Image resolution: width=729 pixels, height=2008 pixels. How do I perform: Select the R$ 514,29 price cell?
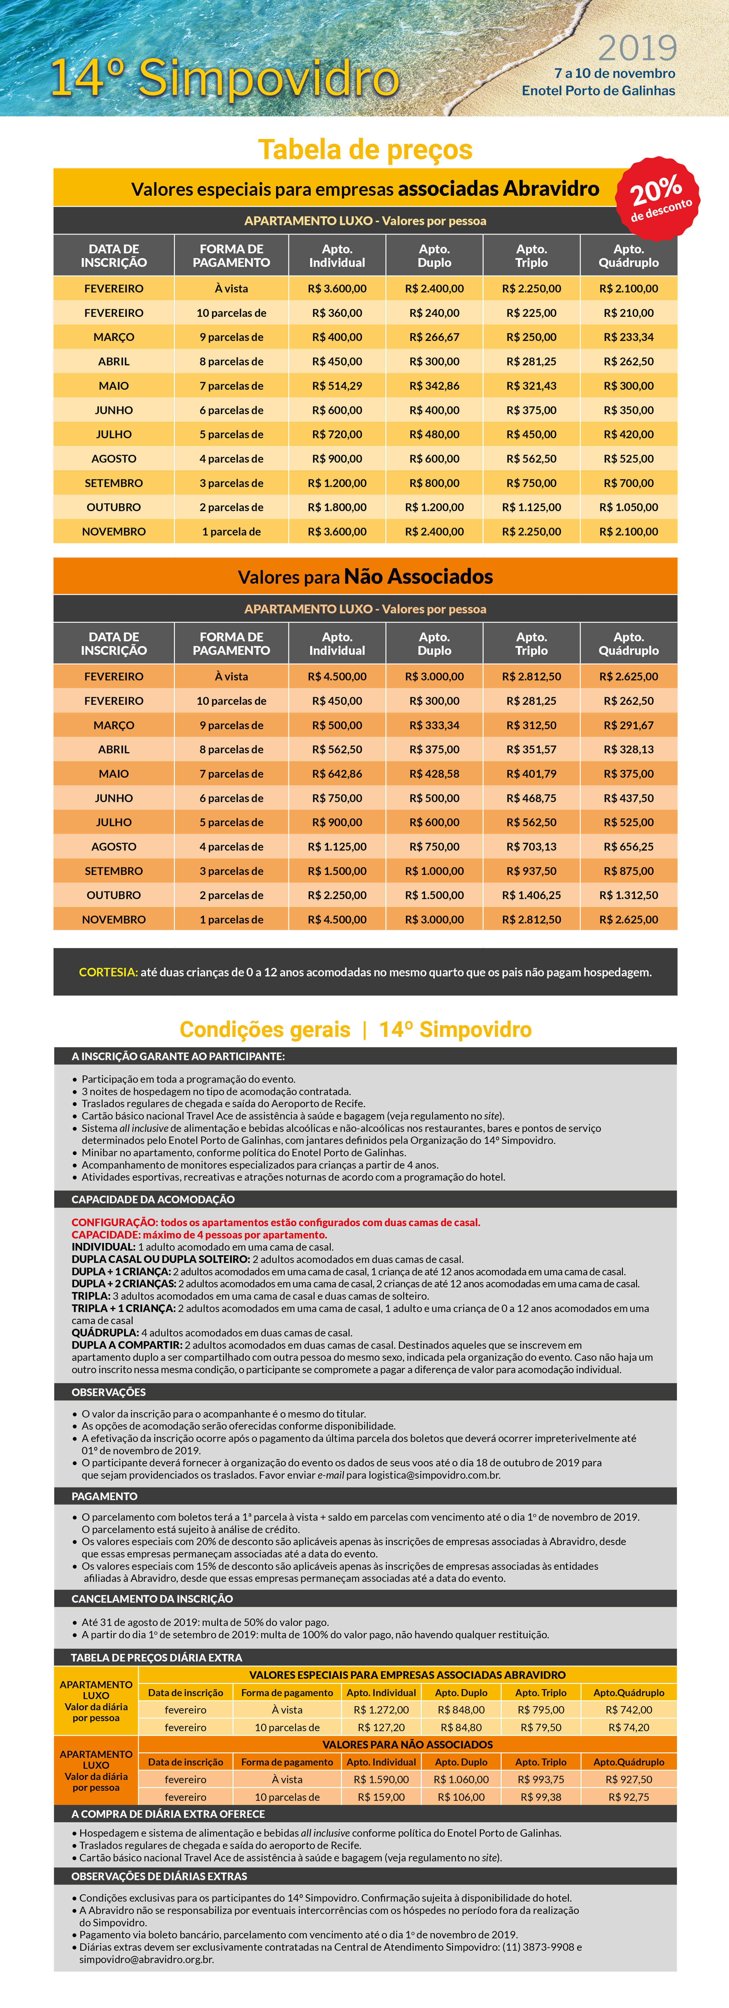tap(337, 386)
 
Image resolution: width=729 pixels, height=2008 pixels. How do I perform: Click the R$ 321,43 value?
tap(531, 386)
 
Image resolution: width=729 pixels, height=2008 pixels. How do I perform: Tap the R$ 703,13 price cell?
tap(531, 846)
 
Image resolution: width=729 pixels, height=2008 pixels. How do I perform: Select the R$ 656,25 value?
tap(628, 846)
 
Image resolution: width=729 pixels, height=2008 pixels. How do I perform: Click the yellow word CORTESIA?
tap(108, 972)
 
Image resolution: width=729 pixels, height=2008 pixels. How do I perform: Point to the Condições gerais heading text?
tap(265, 1030)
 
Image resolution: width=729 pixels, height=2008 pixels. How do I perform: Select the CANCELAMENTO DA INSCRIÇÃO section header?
tap(152, 1599)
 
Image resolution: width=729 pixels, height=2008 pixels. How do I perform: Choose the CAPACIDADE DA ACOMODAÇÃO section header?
tap(153, 1199)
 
